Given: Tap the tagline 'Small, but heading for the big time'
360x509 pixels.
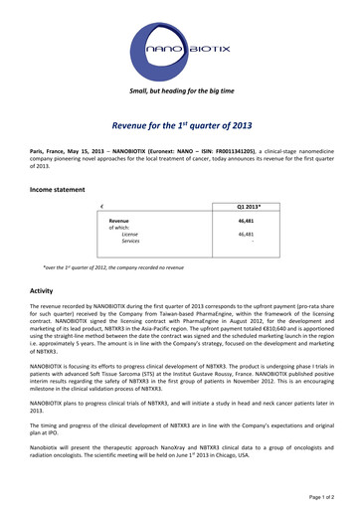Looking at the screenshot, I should point(180,90).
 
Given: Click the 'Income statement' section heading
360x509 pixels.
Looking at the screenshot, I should point(57,188).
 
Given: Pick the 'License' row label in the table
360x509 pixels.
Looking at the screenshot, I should point(129,234).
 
